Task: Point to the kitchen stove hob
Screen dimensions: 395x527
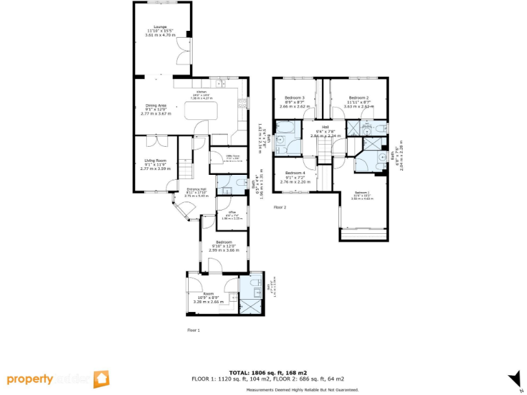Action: (x=242, y=104)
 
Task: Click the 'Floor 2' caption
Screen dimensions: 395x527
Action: (x=279, y=206)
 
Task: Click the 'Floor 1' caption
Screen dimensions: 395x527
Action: (x=194, y=330)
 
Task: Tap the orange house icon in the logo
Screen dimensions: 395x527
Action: (x=101, y=379)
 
